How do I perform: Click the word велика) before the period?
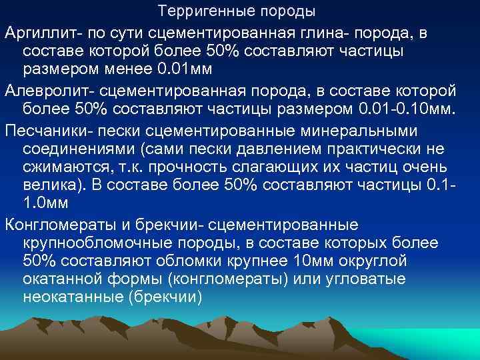[49, 186]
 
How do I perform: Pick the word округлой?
[383, 261]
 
